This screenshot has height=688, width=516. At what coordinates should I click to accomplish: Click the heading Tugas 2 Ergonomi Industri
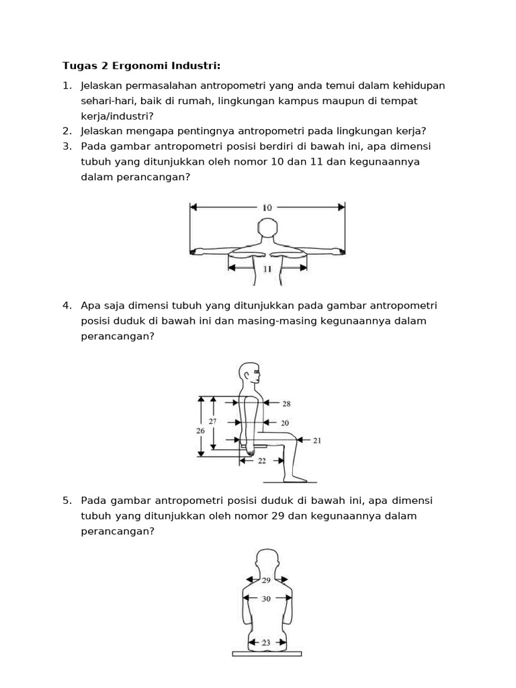coord(141,65)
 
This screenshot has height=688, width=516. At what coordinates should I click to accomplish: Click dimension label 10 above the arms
coord(267,208)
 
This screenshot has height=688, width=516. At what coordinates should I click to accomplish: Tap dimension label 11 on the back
coord(267,268)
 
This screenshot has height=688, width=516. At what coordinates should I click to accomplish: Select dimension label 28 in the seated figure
coord(286,404)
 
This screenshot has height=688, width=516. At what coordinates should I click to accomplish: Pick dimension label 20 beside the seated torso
coord(285,423)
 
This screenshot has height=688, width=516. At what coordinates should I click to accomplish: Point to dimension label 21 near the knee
coord(316,441)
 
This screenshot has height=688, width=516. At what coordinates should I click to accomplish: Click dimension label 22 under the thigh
coord(262,461)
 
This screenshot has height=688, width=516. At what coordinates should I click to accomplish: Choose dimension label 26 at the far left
coord(200,431)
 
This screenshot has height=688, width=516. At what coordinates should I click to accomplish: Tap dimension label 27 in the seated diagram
coord(212,421)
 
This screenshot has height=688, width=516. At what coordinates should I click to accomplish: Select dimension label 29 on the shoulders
coord(266,580)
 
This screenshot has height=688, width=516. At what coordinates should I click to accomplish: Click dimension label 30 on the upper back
coord(266,599)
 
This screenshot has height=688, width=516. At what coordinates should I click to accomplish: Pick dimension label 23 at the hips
coord(266,642)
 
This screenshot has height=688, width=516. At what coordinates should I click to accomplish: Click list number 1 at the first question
coord(67,85)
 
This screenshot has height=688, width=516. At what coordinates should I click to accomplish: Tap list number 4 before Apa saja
coord(67,305)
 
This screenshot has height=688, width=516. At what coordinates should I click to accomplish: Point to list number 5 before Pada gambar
coord(67,501)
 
